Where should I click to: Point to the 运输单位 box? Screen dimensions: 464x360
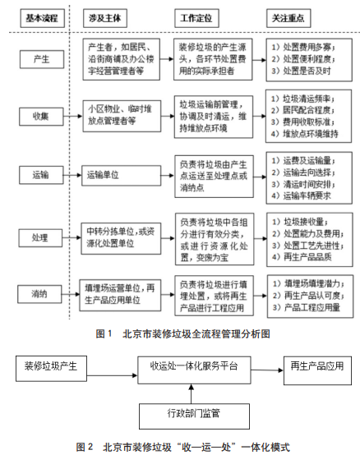pos(118,174)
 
